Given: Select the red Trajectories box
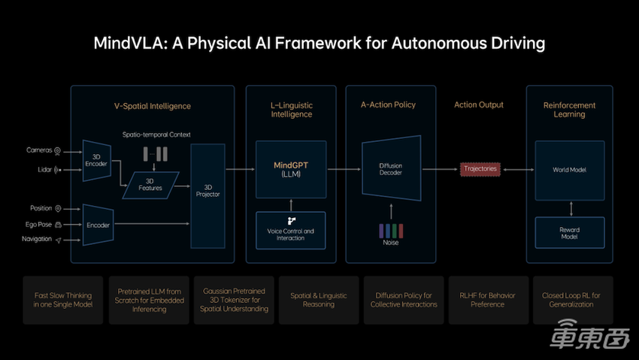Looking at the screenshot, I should (480, 169).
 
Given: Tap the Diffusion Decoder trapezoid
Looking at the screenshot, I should (390, 168).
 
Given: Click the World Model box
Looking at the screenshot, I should (569, 169).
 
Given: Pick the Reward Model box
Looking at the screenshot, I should (569, 233).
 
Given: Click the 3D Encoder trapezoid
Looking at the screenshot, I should (96, 159).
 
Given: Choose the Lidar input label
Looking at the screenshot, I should (44, 170).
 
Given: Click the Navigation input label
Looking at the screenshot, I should (36, 240).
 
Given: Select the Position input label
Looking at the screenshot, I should (41, 208).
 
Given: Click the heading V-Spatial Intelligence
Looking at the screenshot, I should (147, 105).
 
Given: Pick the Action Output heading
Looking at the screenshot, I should (479, 105).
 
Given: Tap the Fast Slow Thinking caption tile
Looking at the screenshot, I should (63, 299).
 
